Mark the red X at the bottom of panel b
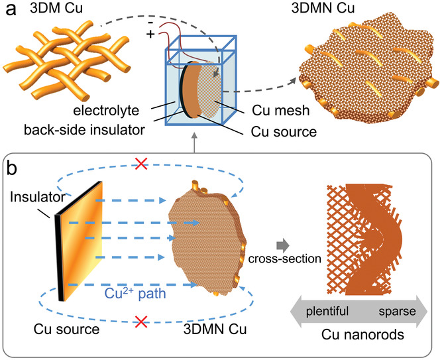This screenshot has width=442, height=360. coord(140,323)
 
